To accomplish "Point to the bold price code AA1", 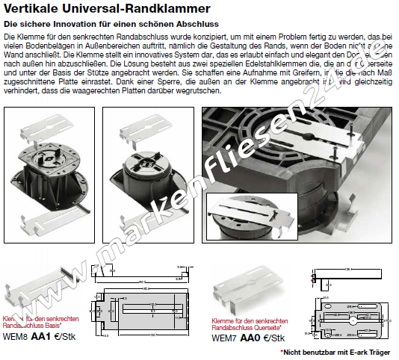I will tap(43, 337).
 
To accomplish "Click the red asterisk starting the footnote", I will tap(282, 350).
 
